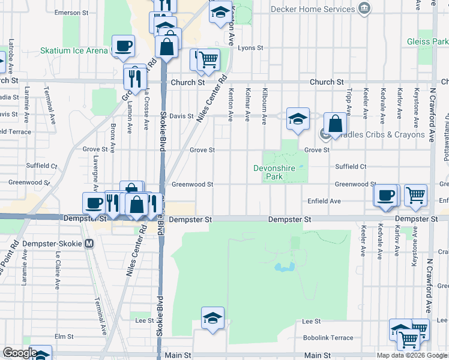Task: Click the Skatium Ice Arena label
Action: (74, 51)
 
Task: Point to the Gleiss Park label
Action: (427, 41)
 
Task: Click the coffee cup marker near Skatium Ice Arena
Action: (123, 46)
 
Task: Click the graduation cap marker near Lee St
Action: (212, 318)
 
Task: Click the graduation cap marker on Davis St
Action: (297, 118)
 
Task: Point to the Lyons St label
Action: (250, 48)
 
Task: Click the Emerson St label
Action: (71, 12)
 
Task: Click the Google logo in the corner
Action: (19, 353)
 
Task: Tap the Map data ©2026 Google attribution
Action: (412, 355)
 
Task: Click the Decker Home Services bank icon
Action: (364, 9)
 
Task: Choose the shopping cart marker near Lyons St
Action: (208, 59)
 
